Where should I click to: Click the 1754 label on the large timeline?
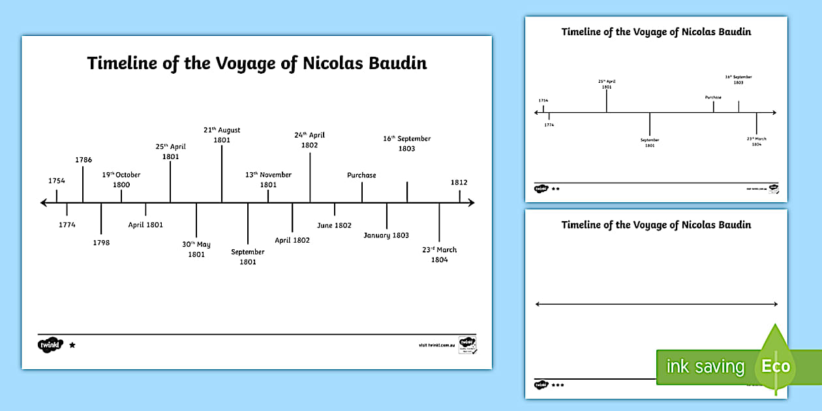click(57, 181)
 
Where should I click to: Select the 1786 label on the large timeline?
click(83, 159)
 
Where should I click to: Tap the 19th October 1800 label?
click(121, 179)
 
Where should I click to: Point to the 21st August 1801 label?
click(222, 134)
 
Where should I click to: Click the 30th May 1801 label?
click(196, 249)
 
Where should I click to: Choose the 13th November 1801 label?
click(268, 179)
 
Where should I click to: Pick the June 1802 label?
click(334, 225)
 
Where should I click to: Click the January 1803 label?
click(386, 235)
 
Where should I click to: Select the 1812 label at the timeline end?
click(459, 183)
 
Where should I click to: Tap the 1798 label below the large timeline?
click(101, 243)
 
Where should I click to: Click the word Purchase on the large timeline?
click(361, 175)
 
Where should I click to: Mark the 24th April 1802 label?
click(309, 140)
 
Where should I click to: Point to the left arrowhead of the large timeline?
click(43, 203)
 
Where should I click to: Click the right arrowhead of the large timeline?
click(470, 203)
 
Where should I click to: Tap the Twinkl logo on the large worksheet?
click(51, 344)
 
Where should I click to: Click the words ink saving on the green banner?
click(705, 367)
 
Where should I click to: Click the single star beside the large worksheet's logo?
click(72, 345)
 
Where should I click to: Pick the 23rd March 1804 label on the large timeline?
click(439, 254)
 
